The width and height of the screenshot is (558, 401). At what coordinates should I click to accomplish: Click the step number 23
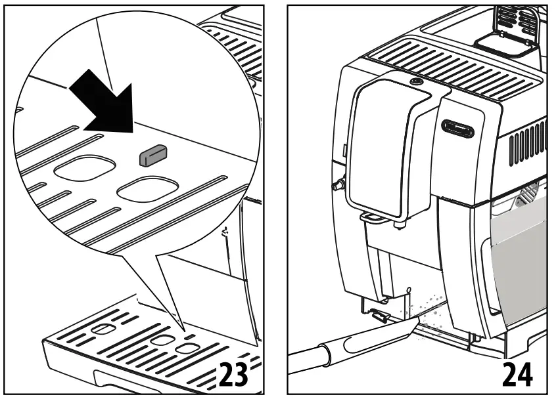(232, 373)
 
